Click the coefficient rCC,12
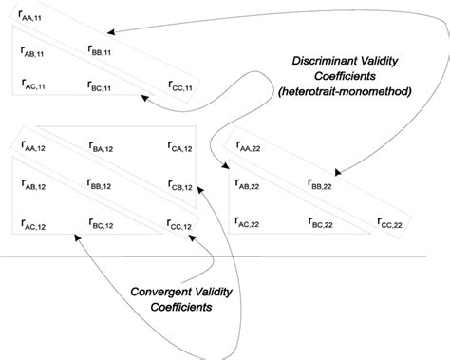pos(182,224)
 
